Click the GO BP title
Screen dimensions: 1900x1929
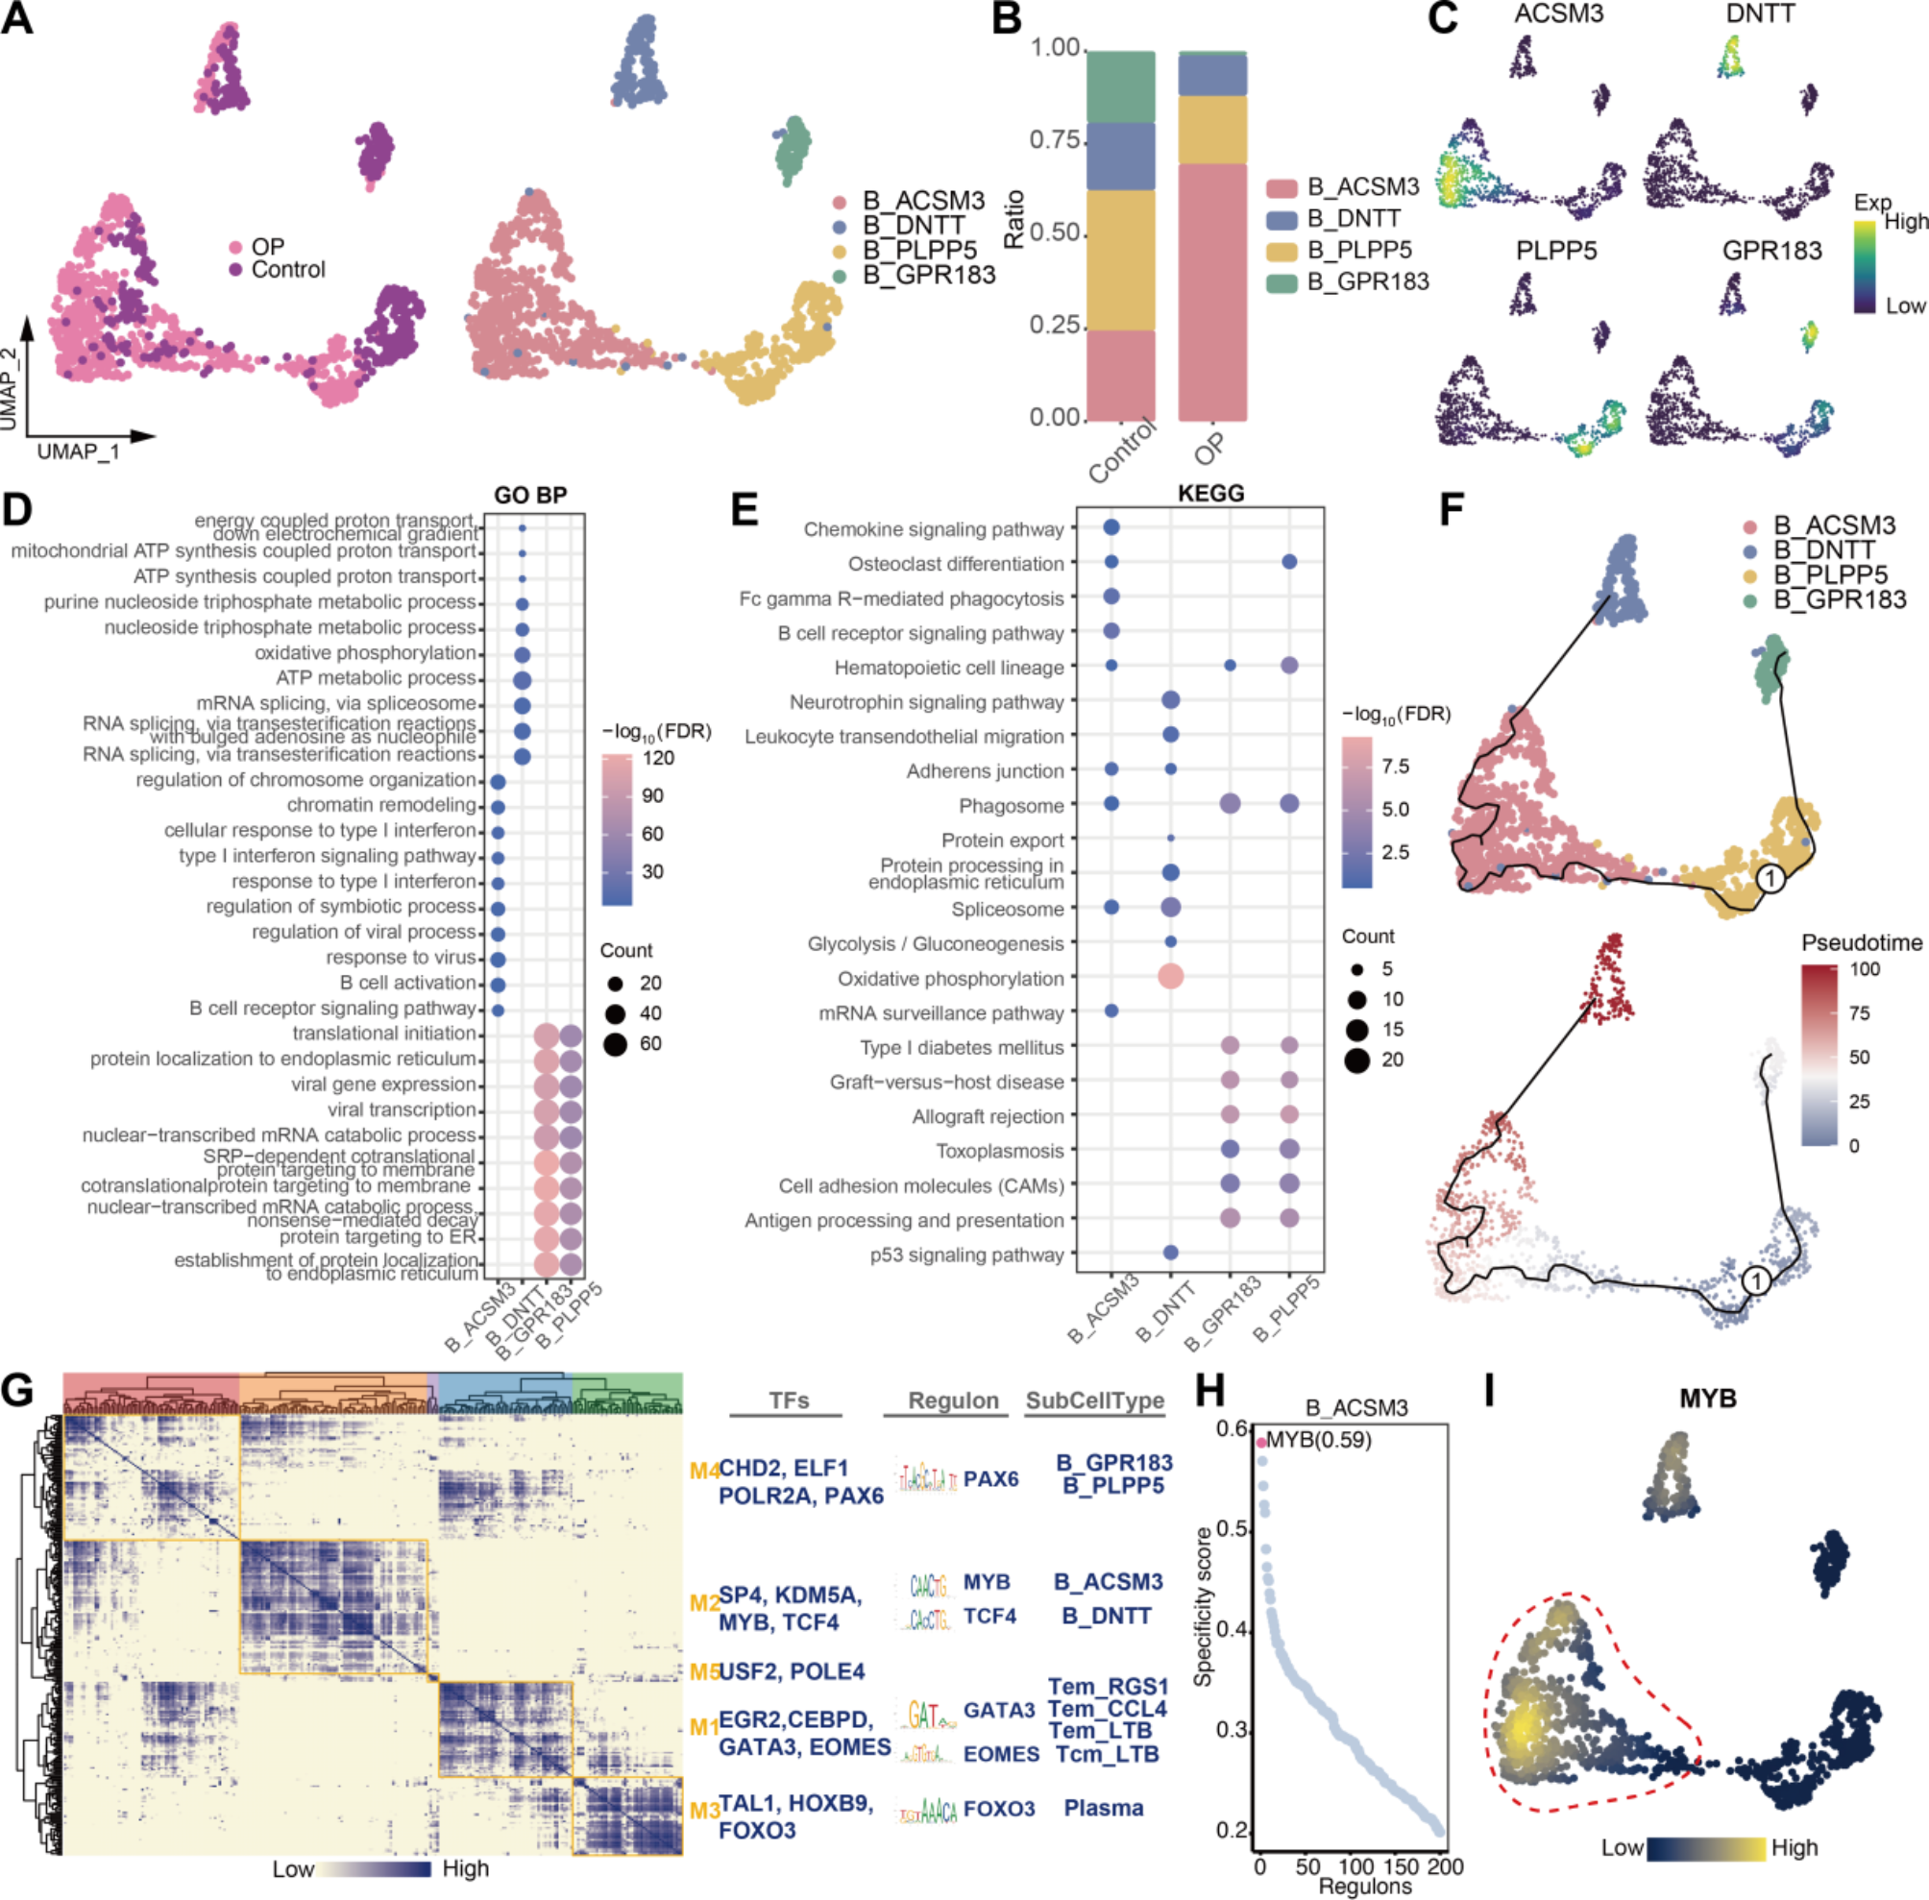[x=531, y=496]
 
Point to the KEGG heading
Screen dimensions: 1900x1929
[x=1210, y=493]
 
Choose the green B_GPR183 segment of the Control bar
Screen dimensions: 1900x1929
[x=1120, y=86]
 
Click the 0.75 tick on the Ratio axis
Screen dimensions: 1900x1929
[x=1056, y=140]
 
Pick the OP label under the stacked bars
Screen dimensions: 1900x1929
[x=1209, y=451]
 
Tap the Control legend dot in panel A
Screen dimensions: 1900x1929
[x=236, y=269]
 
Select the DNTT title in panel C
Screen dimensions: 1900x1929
[x=1759, y=14]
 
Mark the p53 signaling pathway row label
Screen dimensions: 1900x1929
[x=966, y=1254]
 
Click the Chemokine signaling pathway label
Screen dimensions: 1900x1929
[x=933, y=529]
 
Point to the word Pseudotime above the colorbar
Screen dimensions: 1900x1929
[x=1861, y=942]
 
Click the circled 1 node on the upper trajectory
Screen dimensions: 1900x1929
[x=1770, y=878]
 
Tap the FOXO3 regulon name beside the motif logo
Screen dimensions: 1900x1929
[x=999, y=1808]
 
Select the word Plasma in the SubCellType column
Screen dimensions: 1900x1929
[x=1103, y=1807]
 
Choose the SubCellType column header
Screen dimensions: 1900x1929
[x=1095, y=1401]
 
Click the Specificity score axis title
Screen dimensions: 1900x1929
[x=1205, y=1608]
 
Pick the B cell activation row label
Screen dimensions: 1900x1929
[x=407, y=983]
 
